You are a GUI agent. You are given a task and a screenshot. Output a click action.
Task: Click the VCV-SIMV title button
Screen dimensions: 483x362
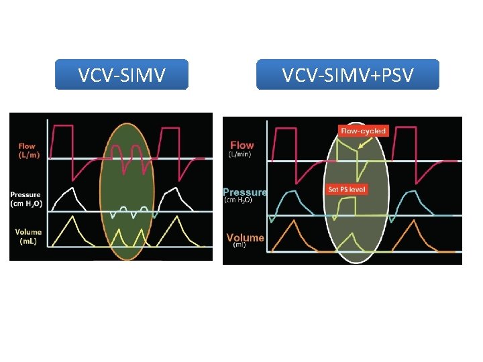[x=121, y=74]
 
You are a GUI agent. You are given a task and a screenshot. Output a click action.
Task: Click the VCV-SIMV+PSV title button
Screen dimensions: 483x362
[x=347, y=74]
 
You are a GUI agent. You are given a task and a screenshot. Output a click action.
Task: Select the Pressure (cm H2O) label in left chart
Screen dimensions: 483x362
[x=25, y=199]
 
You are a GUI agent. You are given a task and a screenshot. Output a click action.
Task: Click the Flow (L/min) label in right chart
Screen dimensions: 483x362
[x=242, y=149]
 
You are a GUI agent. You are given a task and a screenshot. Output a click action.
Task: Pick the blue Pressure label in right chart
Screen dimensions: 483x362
[x=245, y=195]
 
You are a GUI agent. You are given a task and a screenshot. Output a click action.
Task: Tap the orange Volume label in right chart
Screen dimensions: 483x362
[x=245, y=239]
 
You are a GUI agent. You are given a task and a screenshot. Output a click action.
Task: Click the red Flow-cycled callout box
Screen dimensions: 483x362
[x=363, y=131]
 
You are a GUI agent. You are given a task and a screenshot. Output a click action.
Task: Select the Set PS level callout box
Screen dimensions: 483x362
[x=347, y=190]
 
